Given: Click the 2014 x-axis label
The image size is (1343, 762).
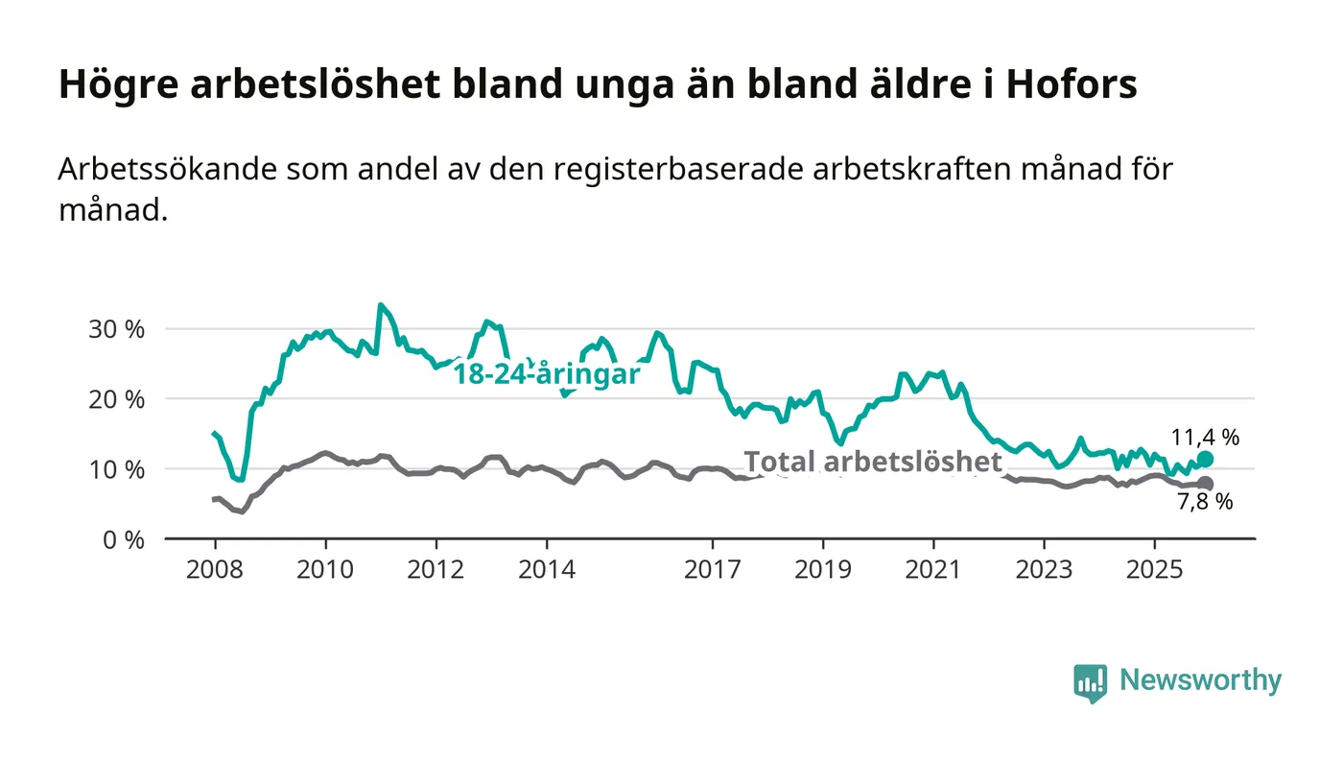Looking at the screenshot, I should [547, 569].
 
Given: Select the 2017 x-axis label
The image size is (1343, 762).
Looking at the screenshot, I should [713, 569].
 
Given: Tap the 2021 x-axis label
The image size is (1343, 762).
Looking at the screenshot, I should [933, 569].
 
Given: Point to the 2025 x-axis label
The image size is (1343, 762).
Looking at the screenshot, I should [1155, 569].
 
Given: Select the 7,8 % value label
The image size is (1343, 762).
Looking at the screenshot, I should [1205, 501].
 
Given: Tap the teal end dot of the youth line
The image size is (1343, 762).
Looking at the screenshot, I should [1206, 460].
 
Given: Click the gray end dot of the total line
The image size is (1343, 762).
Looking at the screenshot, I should [1206, 484].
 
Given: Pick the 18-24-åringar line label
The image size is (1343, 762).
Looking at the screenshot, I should [546, 375].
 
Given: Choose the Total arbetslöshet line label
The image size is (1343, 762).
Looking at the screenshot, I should [873, 462].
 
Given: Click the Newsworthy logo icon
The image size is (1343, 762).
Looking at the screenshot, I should [1090, 683].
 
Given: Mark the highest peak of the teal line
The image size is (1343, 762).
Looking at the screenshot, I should [381, 305].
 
